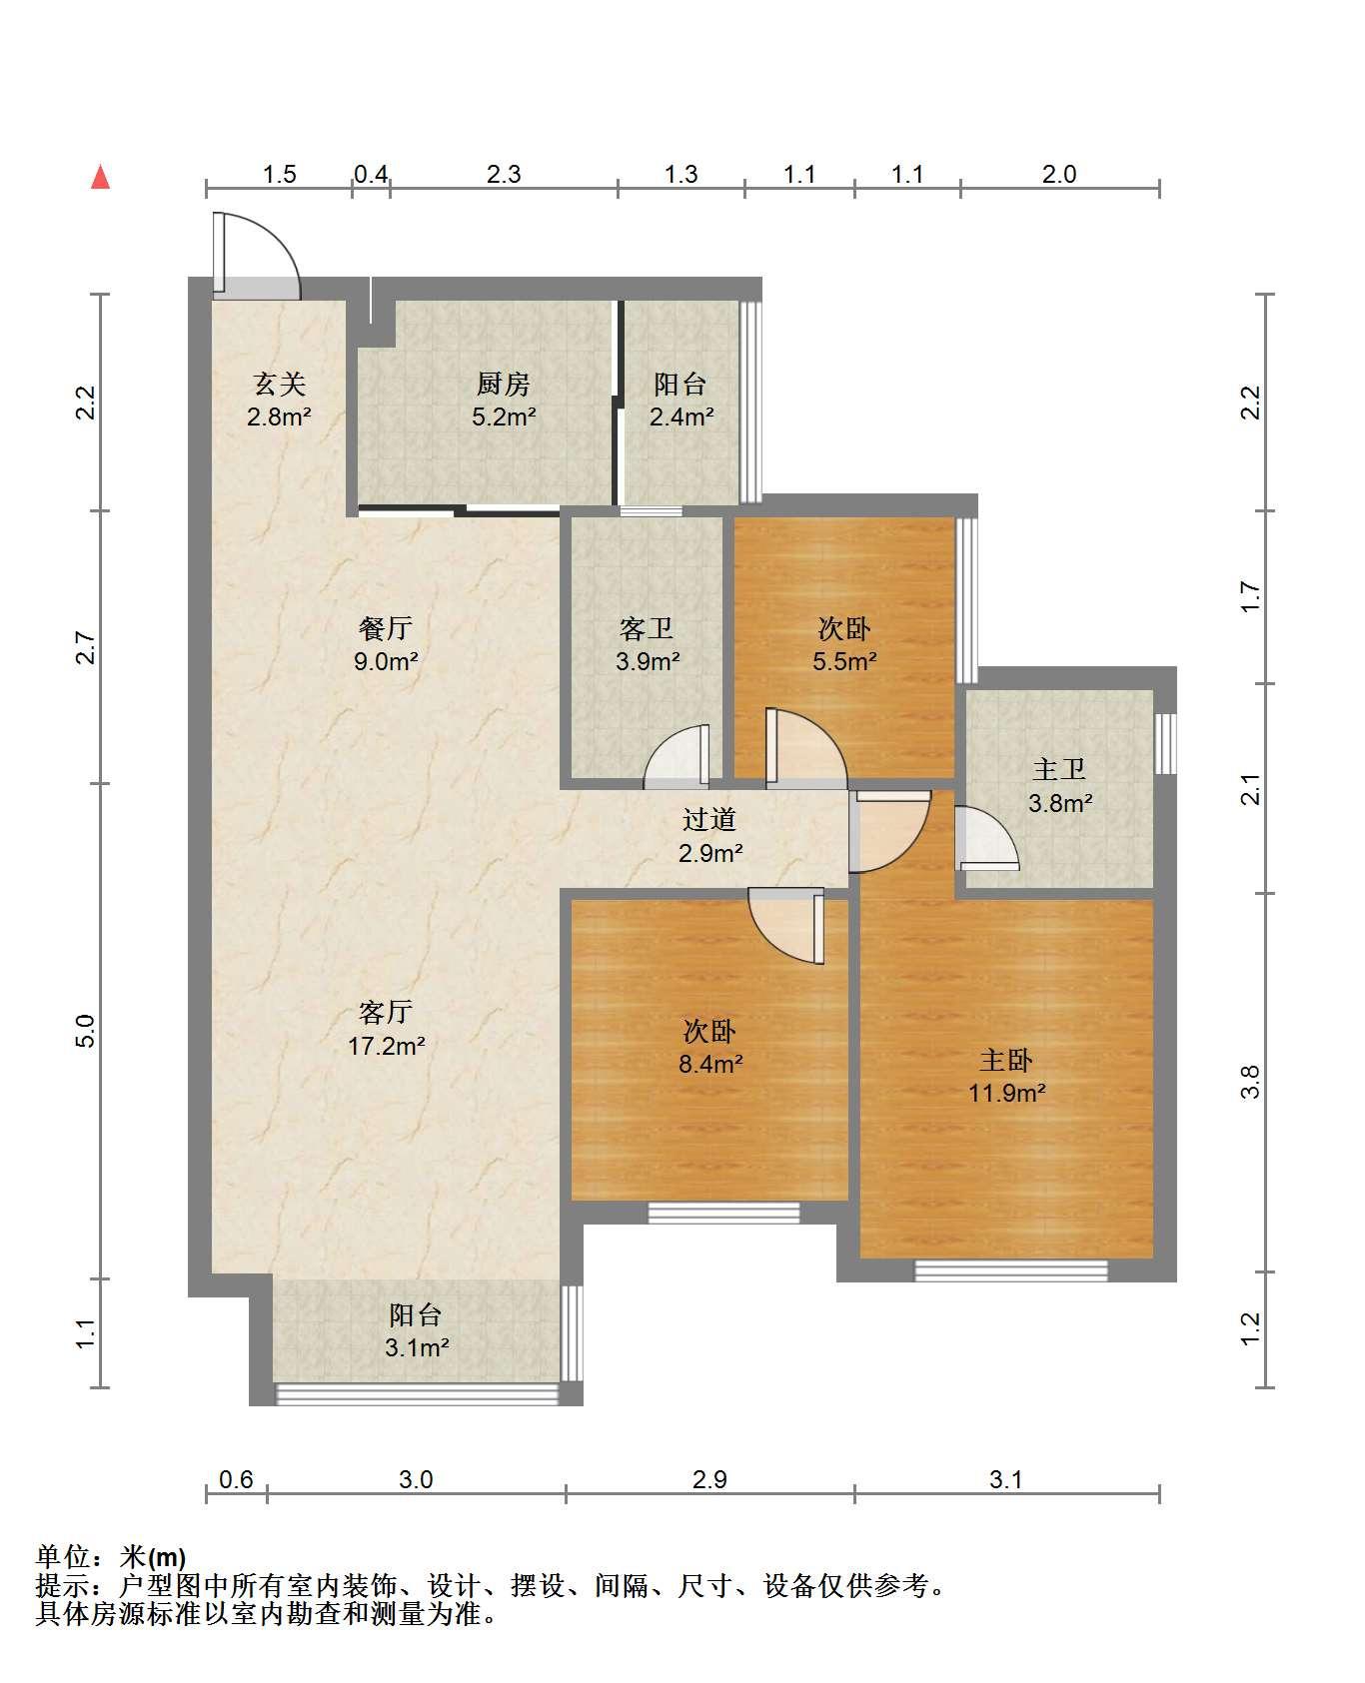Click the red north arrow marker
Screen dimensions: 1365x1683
(x=100, y=177)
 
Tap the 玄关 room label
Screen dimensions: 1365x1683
(x=279, y=384)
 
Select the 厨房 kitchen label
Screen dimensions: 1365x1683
(x=503, y=384)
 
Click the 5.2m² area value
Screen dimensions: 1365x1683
(x=504, y=417)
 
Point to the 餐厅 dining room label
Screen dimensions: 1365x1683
(x=386, y=628)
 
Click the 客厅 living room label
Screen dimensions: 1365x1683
(x=386, y=1013)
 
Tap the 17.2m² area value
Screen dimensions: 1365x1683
(x=386, y=1046)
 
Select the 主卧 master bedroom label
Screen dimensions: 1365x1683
(x=1006, y=1059)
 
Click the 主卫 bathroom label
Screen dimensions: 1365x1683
(x=1059, y=769)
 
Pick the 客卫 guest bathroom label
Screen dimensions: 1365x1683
(x=647, y=628)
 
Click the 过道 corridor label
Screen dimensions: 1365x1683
(x=709, y=820)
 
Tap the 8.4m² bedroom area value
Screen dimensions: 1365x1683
(x=710, y=1063)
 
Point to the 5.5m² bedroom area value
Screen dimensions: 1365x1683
(x=845, y=660)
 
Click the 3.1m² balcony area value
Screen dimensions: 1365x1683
(x=417, y=1347)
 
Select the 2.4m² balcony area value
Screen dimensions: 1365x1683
(x=682, y=417)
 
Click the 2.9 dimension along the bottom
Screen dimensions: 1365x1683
(x=709, y=1479)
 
